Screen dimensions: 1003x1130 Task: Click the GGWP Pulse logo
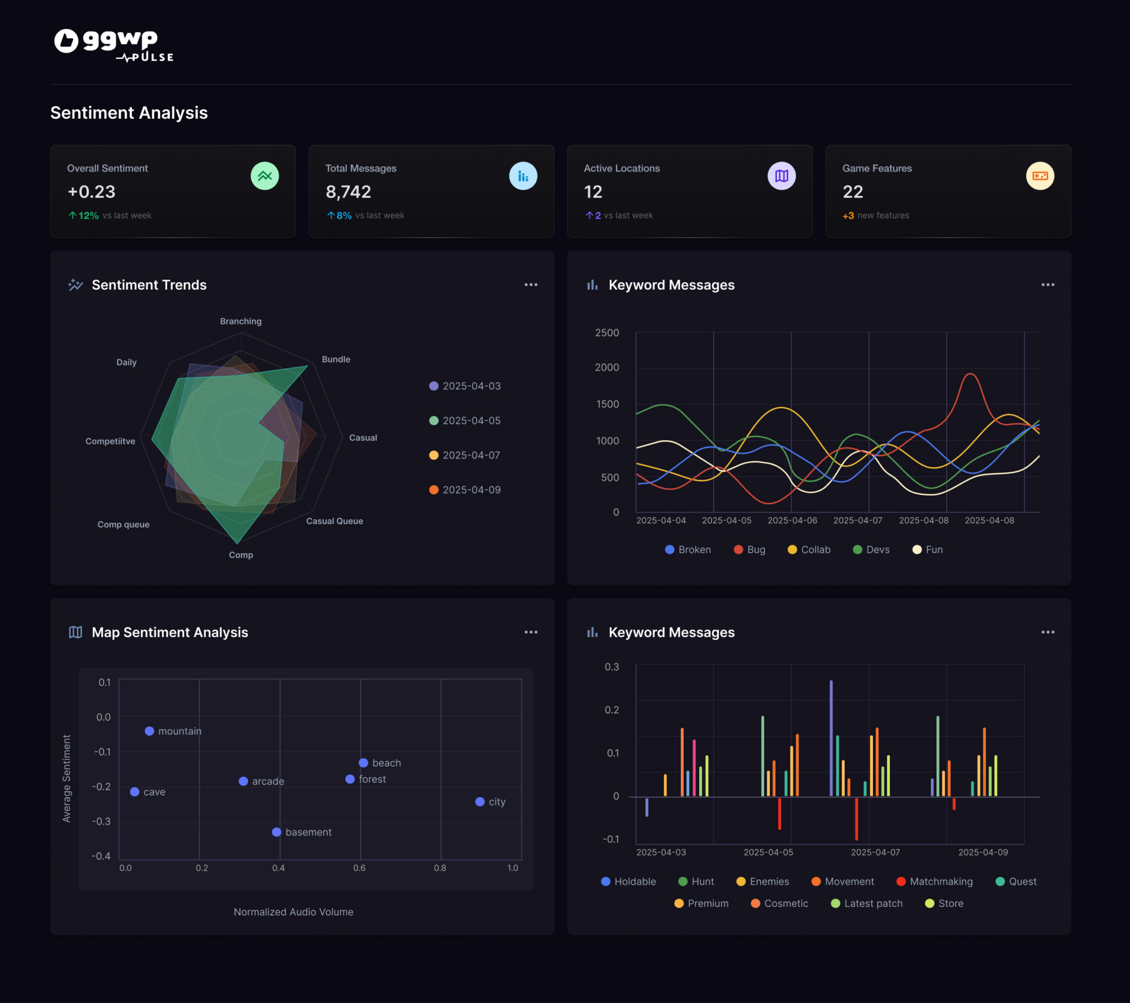tap(113, 45)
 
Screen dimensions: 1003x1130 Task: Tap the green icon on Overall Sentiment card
tap(264, 176)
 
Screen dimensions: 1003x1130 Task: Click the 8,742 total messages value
tap(348, 192)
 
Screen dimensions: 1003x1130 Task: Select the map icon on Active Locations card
tap(781, 176)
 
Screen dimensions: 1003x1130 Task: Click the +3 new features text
tap(875, 216)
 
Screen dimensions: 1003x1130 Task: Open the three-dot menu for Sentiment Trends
tap(531, 285)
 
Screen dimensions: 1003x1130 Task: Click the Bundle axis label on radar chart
tap(335, 359)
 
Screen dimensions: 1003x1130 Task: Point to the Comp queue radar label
tap(123, 524)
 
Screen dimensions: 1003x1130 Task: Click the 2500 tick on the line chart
tap(606, 333)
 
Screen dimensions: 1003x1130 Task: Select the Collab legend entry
tap(809, 549)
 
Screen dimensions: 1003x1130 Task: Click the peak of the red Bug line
tap(970, 374)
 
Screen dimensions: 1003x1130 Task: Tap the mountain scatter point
tap(150, 731)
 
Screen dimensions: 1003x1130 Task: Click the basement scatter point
tap(276, 832)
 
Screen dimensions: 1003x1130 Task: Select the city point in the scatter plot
tap(480, 802)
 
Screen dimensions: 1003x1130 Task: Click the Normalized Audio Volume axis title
tap(293, 912)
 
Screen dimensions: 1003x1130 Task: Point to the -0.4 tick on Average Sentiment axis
tap(101, 856)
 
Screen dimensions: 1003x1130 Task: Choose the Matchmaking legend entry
tap(934, 882)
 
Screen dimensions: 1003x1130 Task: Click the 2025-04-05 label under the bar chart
tap(768, 852)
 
